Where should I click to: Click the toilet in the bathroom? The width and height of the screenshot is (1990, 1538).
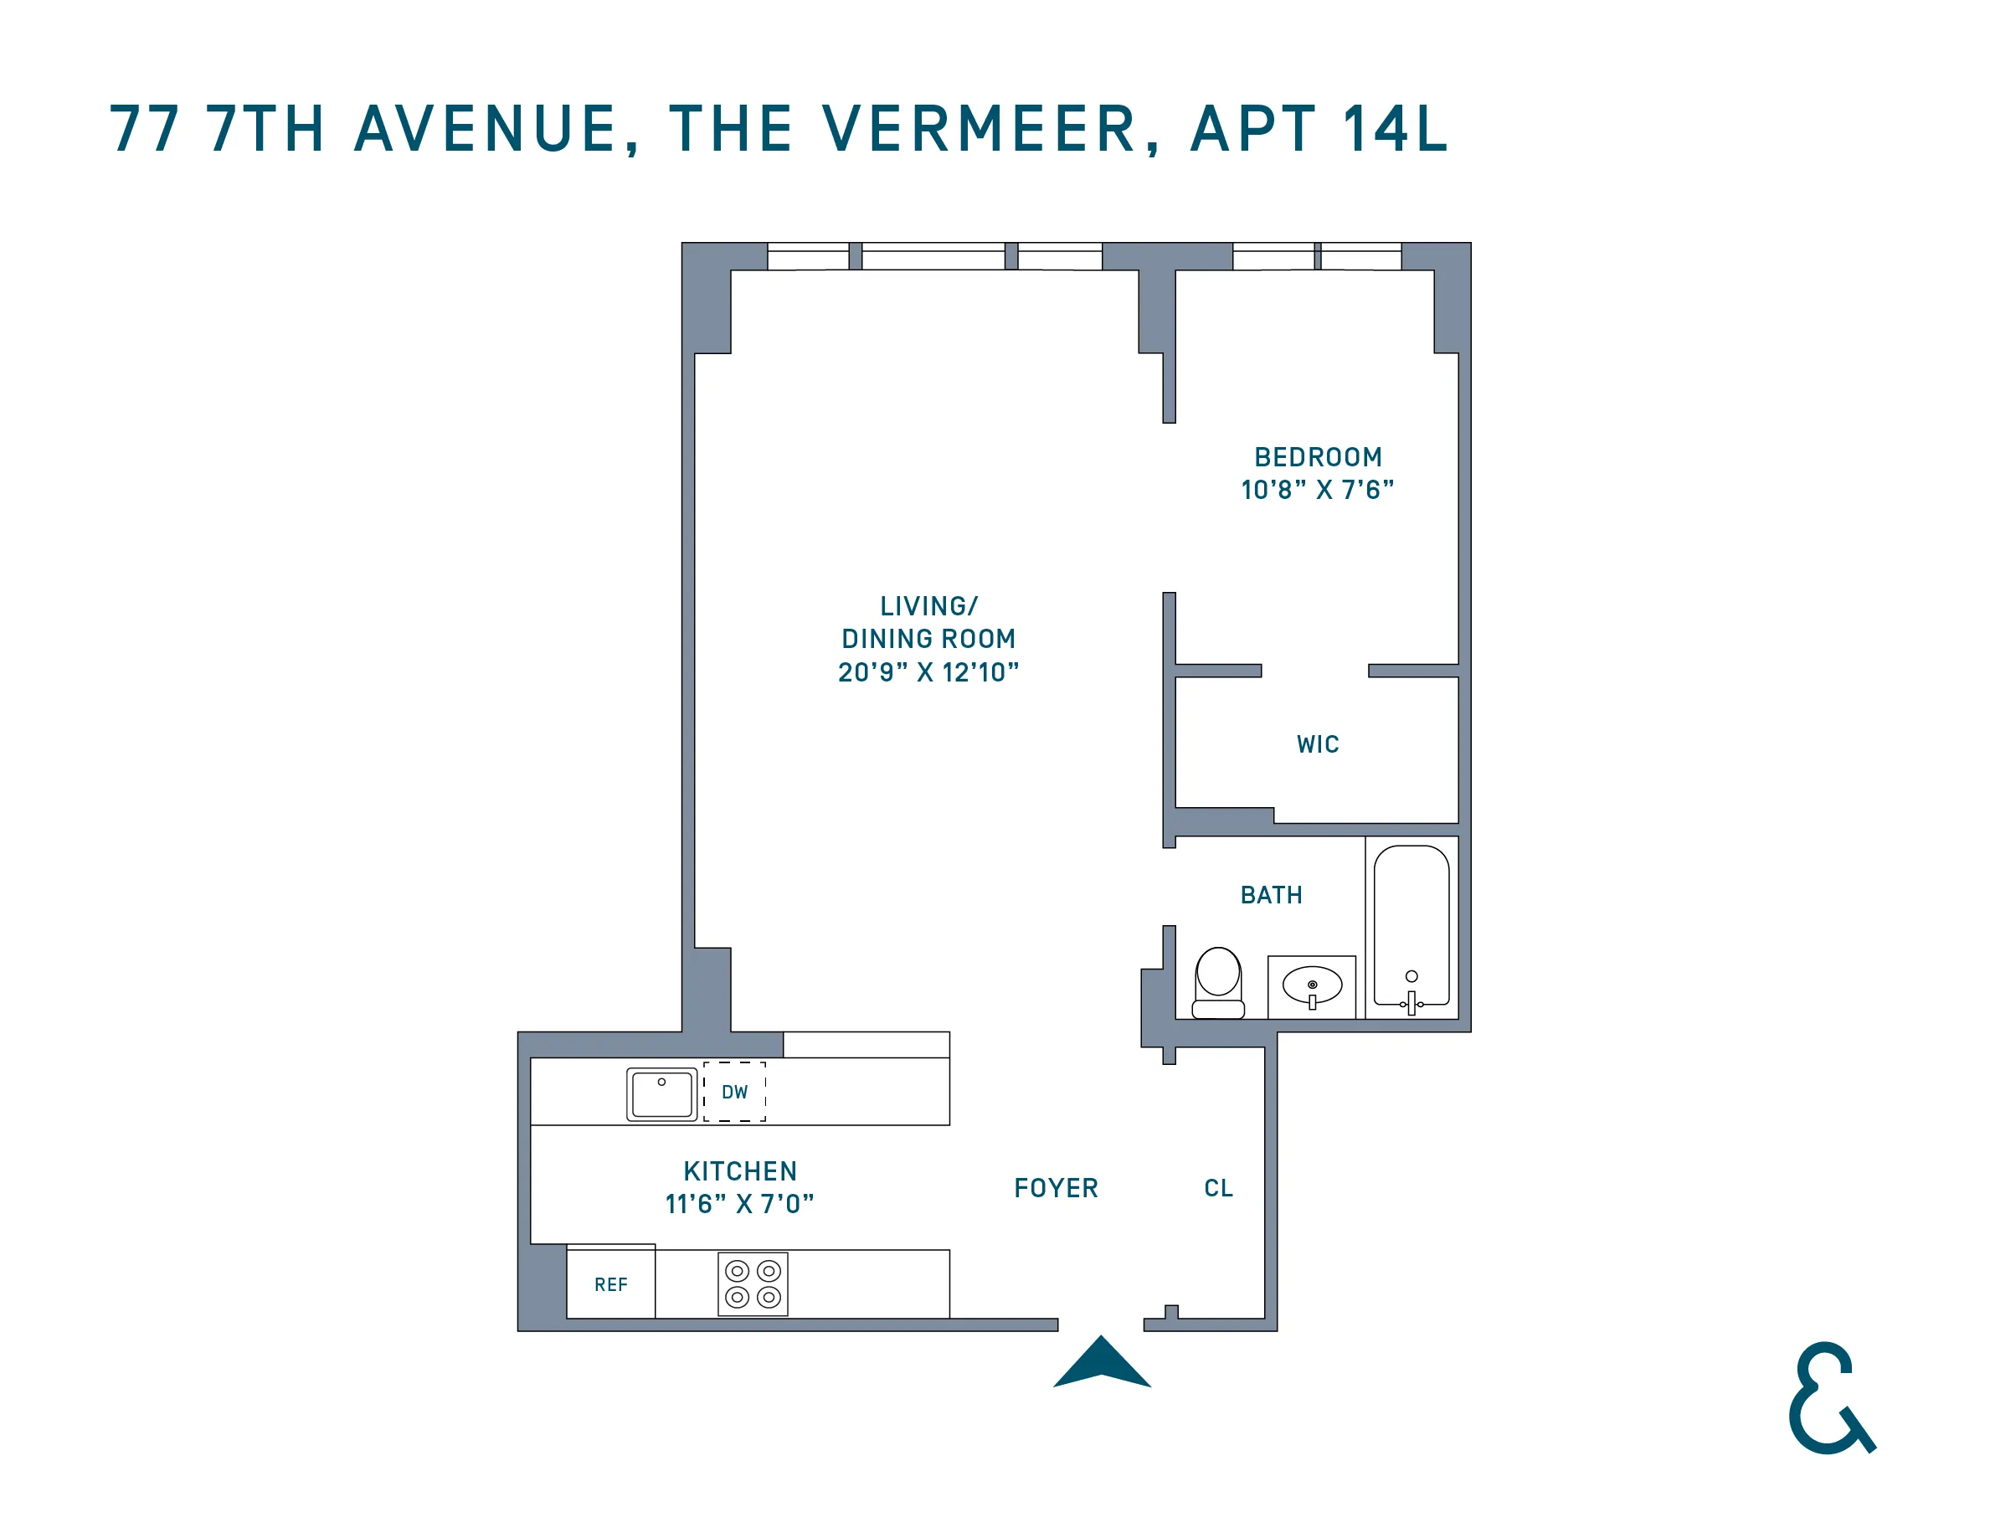click(x=1218, y=982)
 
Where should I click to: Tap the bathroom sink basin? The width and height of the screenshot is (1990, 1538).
click(x=1312, y=985)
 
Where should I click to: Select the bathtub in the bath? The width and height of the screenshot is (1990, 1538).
click(x=1412, y=926)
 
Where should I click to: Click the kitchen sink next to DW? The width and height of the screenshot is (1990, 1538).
click(x=661, y=1093)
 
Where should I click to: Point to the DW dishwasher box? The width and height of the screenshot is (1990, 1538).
click(x=734, y=1092)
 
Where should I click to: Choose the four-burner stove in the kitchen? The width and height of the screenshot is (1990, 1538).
click(x=753, y=1283)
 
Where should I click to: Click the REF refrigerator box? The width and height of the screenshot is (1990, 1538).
click(x=610, y=1284)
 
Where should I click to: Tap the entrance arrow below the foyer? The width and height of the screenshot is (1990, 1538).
click(x=1102, y=1364)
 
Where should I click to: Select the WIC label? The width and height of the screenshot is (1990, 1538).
click(x=1318, y=744)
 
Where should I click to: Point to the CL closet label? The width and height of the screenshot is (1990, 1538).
click(x=1218, y=1188)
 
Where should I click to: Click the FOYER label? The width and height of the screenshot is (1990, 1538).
click(x=1056, y=1188)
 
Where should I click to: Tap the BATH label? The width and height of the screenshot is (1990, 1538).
click(x=1271, y=895)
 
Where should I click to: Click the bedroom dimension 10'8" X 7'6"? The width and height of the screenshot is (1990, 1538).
click(x=1318, y=490)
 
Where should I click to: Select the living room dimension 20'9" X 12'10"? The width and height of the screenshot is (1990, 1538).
click(x=928, y=672)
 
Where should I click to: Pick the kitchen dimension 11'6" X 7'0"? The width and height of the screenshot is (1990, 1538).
click(x=740, y=1205)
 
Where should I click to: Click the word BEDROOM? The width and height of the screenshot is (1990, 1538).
click(x=1318, y=456)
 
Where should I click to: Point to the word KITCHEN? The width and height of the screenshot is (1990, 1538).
click(x=740, y=1170)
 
